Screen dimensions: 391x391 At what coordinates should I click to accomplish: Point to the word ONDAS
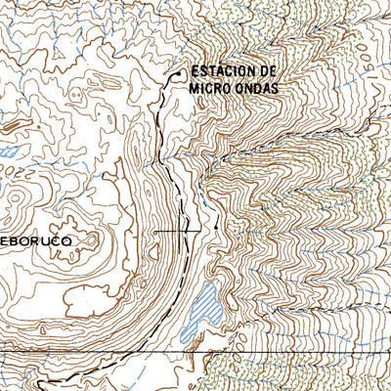[257, 87]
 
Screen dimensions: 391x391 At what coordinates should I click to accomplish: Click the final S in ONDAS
[276, 87]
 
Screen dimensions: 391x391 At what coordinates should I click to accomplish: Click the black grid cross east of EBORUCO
[179, 231]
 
